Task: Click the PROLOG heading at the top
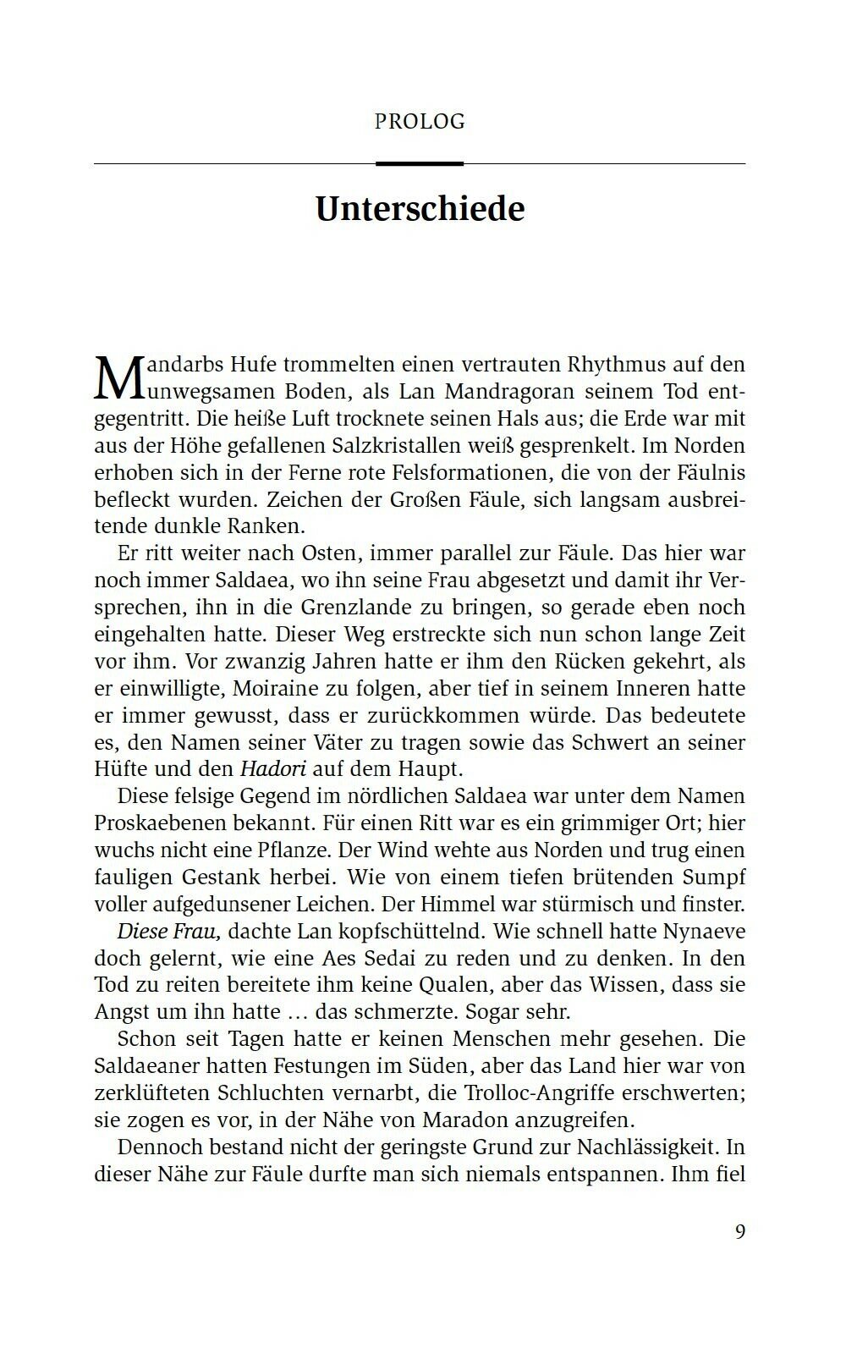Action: (x=420, y=121)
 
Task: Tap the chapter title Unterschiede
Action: (x=420, y=209)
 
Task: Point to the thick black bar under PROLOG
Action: (x=420, y=162)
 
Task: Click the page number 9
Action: (x=740, y=1232)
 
